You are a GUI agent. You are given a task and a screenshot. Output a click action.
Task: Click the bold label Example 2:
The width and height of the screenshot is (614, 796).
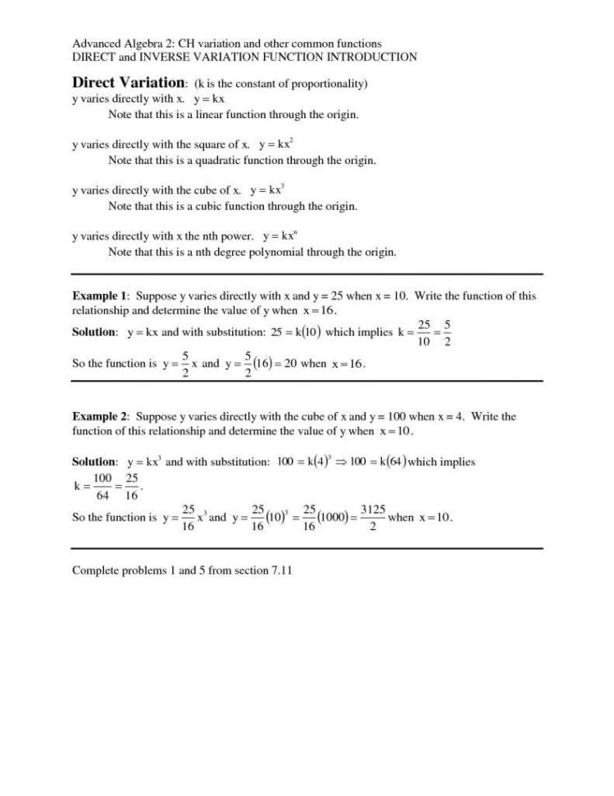coord(102,416)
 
